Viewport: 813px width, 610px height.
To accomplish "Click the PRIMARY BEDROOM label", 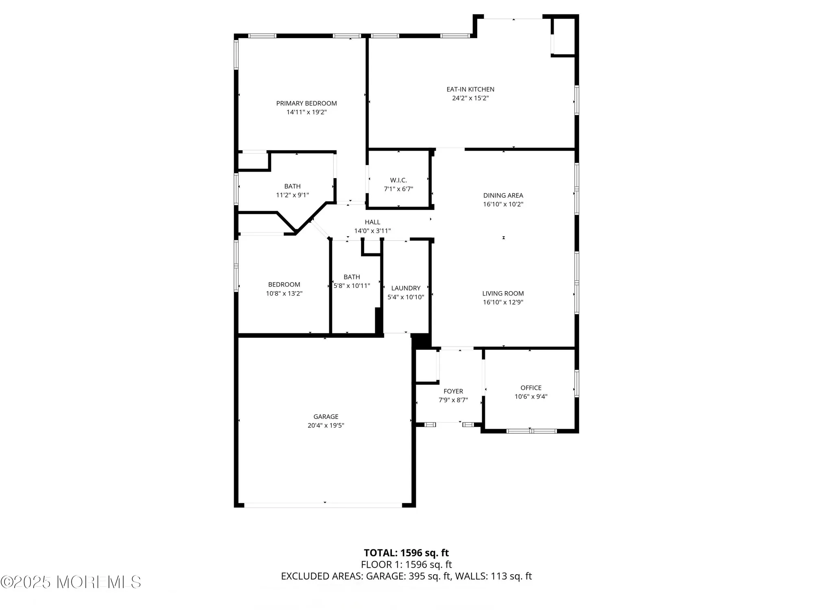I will point(307,103).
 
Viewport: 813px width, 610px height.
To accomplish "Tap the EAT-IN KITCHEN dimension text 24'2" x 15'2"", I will point(470,98).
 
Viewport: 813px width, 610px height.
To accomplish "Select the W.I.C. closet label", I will point(398,180).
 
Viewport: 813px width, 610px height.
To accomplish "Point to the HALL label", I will point(372,222).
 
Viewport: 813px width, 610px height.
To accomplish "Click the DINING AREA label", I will point(503,196).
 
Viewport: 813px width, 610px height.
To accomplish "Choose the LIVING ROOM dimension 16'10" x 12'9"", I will point(503,302).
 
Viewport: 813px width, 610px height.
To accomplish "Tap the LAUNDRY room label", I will point(406,288).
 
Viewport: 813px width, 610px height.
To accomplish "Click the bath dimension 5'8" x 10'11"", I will point(352,286).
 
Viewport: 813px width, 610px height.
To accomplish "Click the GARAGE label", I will point(326,416).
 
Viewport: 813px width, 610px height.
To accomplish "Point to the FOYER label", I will point(453,391).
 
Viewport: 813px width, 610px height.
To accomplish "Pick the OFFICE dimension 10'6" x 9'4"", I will point(531,396).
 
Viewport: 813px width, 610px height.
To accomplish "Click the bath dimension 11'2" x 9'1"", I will point(292,195).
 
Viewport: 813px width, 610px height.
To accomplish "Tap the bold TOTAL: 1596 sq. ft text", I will point(406,553).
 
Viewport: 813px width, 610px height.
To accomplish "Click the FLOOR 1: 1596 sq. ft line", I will point(406,564).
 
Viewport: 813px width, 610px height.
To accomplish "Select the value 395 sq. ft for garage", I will point(429,576).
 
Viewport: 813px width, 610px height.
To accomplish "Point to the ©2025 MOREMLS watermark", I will point(71,582).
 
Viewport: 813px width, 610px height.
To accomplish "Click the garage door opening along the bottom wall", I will point(323,505).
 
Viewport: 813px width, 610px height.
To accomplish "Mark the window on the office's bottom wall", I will point(531,431).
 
